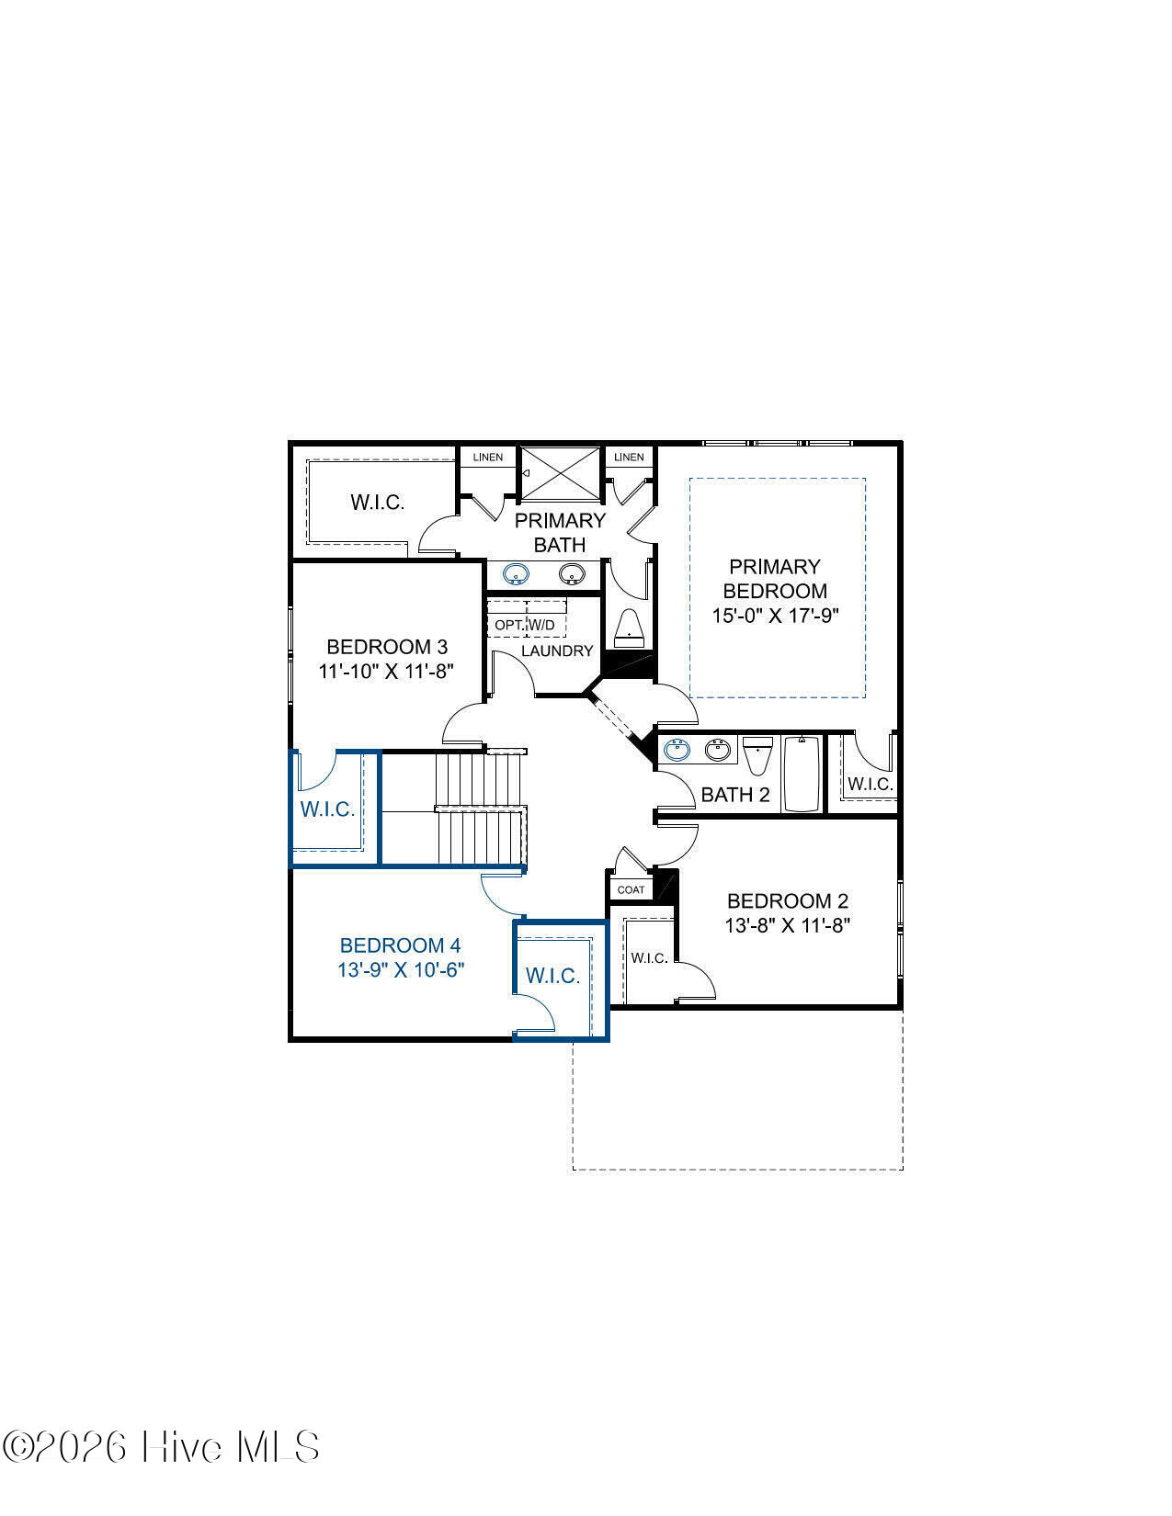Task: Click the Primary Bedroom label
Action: point(774,578)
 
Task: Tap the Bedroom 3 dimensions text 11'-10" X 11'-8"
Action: point(386,671)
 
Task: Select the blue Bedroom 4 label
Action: point(400,945)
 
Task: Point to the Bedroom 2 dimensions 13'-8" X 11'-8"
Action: point(788,925)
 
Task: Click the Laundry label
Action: point(557,651)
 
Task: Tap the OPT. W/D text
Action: point(525,625)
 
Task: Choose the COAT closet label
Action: point(631,889)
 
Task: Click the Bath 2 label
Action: point(735,795)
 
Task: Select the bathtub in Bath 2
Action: point(802,774)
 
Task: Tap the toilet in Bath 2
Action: point(757,755)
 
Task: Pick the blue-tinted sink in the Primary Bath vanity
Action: point(516,574)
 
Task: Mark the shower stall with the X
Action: point(562,474)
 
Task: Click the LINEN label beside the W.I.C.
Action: point(488,457)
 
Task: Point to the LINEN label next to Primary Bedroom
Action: point(629,457)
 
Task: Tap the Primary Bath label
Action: point(560,532)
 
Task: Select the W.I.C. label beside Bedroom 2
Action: point(649,958)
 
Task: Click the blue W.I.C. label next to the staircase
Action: point(327,809)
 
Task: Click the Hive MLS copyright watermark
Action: point(161,1446)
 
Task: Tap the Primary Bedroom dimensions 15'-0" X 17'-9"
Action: point(775,616)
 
